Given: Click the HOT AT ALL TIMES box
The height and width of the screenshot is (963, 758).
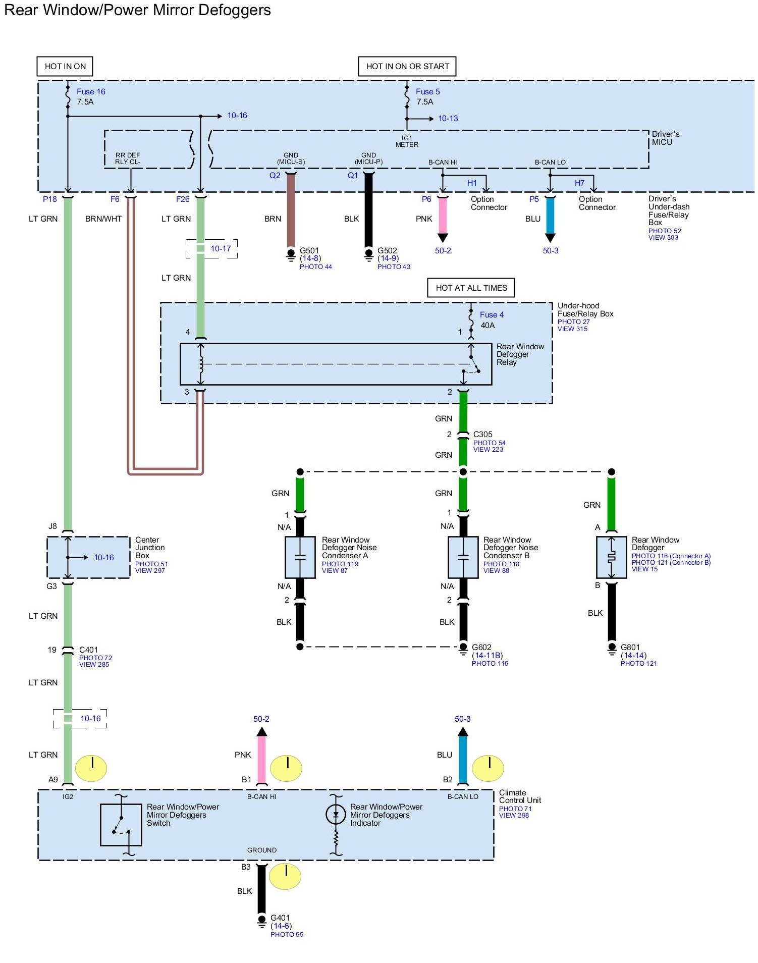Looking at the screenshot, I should pyautogui.click(x=471, y=288).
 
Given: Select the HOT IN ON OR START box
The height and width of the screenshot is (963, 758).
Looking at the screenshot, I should pyautogui.click(x=407, y=66).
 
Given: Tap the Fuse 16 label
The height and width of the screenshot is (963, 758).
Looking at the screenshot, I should pyautogui.click(x=91, y=91).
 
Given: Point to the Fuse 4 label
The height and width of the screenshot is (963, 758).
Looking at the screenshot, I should pyautogui.click(x=492, y=314).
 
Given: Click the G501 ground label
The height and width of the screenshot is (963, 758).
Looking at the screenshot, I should pyautogui.click(x=309, y=250).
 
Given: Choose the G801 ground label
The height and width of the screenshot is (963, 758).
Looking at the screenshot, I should pyautogui.click(x=630, y=647).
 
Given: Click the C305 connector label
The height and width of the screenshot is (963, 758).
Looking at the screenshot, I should pyautogui.click(x=483, y=434).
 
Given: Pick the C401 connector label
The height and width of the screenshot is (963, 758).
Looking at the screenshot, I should pyautogui.click(x=89, y=650).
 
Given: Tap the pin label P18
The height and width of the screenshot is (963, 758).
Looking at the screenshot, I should pyautogui.click(x=50, y=199).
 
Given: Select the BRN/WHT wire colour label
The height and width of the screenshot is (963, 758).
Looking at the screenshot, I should pyautogui.click(x=103, y=219).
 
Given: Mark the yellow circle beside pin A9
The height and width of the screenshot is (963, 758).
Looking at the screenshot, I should pyautogui.click(x=91, y=768).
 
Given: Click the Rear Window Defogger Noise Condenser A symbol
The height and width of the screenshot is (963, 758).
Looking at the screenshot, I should pyautogui.click(x=300, y=557).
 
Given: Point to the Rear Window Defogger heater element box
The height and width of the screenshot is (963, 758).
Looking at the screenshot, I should pyautogui.click(x=612, y=557).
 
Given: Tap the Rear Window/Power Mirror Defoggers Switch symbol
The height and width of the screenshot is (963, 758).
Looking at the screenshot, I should pyautogui.click(x=121, y=824).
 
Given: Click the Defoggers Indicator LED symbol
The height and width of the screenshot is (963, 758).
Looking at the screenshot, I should pyautogui.click(x=336, y=814).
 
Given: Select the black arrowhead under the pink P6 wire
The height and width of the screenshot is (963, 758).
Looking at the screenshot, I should pyautogui.click(x=443, y=238).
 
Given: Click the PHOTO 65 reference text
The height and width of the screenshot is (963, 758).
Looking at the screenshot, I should pyautogui.click(x=287, y=934).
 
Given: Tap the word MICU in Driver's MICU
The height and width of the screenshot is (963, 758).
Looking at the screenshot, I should pyautogui.click(x=662, y=142).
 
